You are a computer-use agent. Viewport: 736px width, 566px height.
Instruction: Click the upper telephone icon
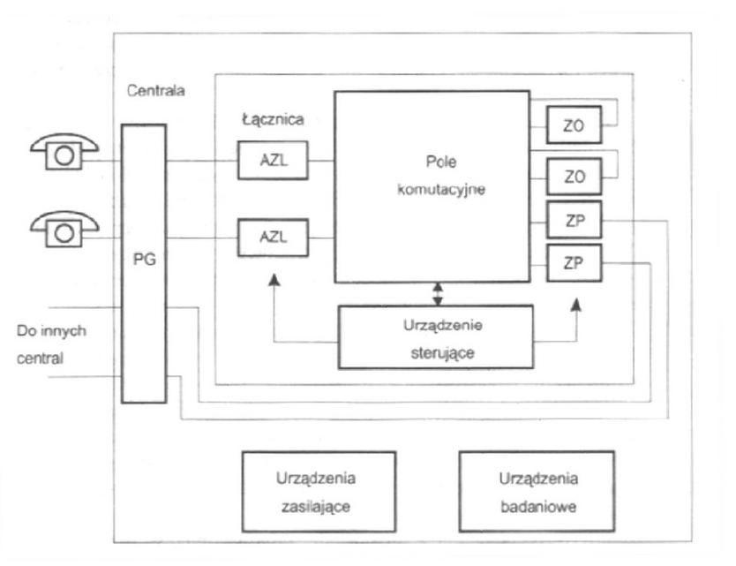pos(64,151)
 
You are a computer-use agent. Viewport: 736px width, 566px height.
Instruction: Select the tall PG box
pos(144,263)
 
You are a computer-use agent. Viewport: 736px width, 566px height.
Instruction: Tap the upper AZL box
pos(273,160)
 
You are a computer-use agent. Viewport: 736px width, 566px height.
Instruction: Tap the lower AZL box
pos(273,238)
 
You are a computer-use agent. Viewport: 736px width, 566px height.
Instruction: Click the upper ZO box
pos(574,125)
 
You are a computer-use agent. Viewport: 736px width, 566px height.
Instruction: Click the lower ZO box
pos(574,177)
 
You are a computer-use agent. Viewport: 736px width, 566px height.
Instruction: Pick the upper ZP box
pos(574,220)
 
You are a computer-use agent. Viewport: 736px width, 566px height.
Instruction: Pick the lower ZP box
pos(574,263)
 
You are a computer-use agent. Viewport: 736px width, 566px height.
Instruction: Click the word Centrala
pos(156,90)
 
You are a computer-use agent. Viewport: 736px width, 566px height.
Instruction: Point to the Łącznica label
pos(273,119)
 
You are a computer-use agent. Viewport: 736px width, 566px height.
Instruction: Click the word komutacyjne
pos(441,189)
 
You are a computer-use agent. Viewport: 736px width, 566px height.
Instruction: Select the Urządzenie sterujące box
pos(436,337)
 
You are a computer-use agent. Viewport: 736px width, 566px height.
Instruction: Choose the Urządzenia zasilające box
pos(319,492)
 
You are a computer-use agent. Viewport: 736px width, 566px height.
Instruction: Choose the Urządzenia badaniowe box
pos(537,492)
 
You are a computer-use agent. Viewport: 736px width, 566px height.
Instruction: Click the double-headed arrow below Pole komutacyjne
pos(438,294)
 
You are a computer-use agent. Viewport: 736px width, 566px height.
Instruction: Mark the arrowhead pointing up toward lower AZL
pos(274,280)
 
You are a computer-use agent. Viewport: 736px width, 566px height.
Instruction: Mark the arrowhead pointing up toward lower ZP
pos(576,305)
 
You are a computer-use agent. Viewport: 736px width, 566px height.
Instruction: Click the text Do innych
pos(51,331)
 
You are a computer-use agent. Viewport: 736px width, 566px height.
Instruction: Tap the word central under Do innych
pos(40,358)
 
